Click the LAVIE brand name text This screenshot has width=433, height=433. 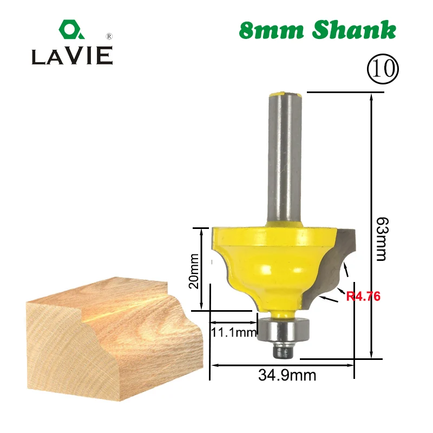[x=72, y=56]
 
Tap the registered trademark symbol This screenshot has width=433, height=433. [x=109, y=36]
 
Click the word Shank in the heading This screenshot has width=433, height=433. [x=355, y=30]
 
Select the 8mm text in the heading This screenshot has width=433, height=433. [x=271, y=31]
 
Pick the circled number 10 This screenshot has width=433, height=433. [x=383, y=69]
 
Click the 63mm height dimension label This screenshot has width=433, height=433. [x=383, y=239]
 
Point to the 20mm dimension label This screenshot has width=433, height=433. [x=194, y=271]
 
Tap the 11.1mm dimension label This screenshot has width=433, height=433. [x=234, y=332]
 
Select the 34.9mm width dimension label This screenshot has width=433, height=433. [x=287, y=375]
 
